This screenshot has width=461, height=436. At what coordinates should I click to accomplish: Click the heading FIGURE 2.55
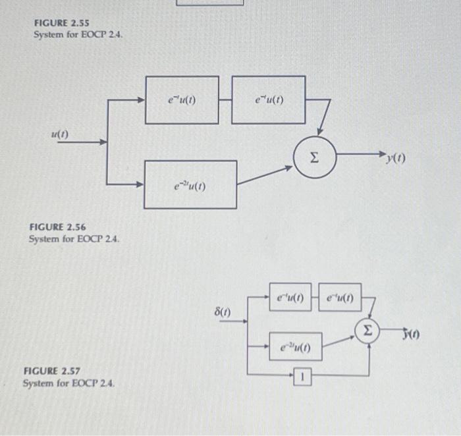tap(61, 22)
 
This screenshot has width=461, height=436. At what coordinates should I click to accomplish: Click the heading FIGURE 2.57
tap(52, 371)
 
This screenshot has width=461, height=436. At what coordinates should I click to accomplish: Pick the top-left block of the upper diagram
tap(182, 100)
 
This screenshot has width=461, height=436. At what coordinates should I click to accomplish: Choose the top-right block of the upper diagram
tap(268, 99)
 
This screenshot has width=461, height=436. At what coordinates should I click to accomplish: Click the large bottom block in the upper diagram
tap(190, 184)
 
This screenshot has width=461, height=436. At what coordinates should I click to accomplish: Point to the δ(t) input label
tap(224, 308)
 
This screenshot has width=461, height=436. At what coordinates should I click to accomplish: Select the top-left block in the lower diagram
tap(289, 296)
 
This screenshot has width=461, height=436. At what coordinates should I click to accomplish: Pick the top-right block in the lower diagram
tap(339, 296)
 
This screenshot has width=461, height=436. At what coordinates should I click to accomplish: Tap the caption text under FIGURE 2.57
tap(68, 383)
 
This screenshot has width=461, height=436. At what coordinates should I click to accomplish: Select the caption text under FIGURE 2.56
tap(74, 238)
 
